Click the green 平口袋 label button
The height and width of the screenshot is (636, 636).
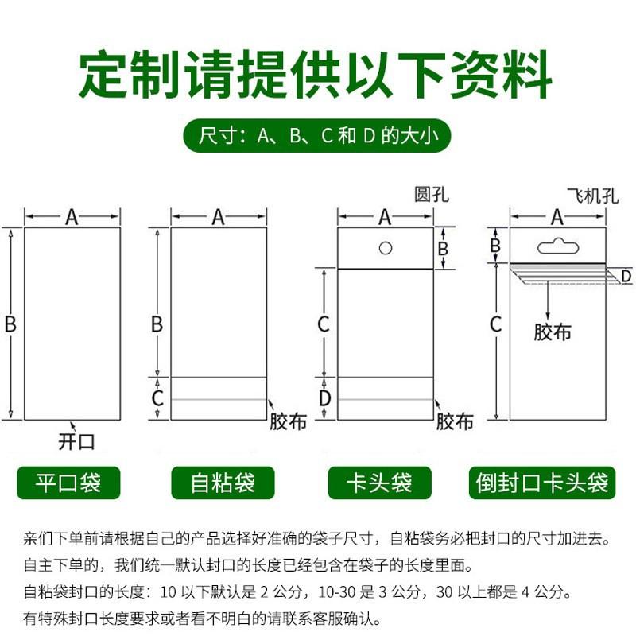[69, 483]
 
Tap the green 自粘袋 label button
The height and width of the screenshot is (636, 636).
[223, 483]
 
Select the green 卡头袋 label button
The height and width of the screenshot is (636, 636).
[380, 483]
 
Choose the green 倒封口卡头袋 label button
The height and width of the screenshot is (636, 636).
[542, 483]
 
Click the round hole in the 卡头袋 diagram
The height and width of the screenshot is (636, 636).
[386, 248]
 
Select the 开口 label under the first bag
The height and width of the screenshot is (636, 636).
[76, 440]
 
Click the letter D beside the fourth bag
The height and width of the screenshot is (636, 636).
[626, 276]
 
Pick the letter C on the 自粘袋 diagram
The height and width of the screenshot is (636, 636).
[157, 398]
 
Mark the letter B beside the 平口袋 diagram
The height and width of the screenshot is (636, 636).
[10, 324]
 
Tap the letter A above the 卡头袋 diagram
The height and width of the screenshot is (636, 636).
[385, 216]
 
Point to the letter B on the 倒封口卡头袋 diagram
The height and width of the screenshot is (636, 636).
[495, 246]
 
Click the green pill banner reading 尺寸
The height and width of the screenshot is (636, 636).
[317, 136]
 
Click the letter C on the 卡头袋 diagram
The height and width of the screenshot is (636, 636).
[324, 324]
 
